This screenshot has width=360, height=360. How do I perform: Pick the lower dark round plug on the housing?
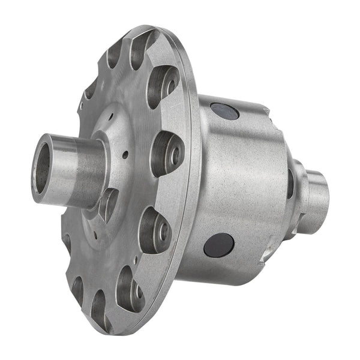click(x=218, y=244)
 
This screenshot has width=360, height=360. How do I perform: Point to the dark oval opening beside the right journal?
click(x=291, y=183)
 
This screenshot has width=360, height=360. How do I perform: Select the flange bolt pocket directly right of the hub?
click(x=167, y=152)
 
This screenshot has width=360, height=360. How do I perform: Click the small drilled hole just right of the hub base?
click(x=125, y=154)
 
